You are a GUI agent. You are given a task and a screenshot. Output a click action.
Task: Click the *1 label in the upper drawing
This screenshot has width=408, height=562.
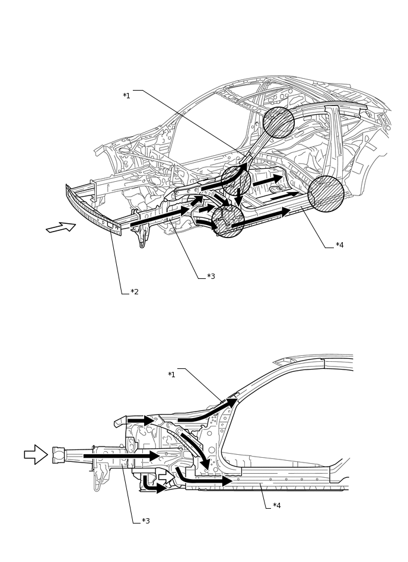tap(126, 96)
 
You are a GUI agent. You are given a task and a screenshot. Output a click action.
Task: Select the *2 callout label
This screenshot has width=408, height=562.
tap(135, 292)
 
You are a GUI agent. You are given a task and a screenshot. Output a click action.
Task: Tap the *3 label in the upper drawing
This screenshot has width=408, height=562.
tap(211, 277)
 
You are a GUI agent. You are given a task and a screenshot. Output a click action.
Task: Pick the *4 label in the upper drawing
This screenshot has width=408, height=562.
tap(339, 245)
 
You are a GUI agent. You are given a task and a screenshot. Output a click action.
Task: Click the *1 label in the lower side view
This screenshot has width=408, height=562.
tap(171, 375)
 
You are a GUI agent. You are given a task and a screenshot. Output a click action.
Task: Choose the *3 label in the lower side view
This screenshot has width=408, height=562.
tap(145, 521)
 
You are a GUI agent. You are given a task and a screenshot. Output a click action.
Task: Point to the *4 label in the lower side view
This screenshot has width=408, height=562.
tap(276, 506)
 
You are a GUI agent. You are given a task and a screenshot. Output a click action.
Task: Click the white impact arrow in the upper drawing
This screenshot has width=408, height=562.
tap(60, 227)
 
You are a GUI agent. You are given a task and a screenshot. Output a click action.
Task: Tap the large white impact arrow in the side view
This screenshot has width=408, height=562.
tap(36, 454)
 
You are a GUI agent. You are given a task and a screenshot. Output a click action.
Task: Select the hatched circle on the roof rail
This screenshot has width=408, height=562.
tap(279, 123)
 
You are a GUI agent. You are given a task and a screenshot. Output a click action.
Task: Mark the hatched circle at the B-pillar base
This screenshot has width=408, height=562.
tap(326, 194)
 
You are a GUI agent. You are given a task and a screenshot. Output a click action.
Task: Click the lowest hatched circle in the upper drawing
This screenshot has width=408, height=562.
tap(228, 221)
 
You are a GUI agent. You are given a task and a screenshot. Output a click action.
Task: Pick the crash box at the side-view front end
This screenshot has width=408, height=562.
tap(59, 455)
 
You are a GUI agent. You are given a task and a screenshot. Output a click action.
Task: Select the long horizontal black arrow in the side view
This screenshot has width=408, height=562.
tap(122, 456)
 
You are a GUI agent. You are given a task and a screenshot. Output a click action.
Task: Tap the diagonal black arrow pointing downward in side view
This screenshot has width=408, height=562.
tap(196, 450)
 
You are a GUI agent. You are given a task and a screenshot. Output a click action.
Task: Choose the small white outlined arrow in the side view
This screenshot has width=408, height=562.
tap(166, 476)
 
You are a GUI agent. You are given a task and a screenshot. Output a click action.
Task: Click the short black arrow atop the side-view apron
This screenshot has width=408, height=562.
tap(141, 420)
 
